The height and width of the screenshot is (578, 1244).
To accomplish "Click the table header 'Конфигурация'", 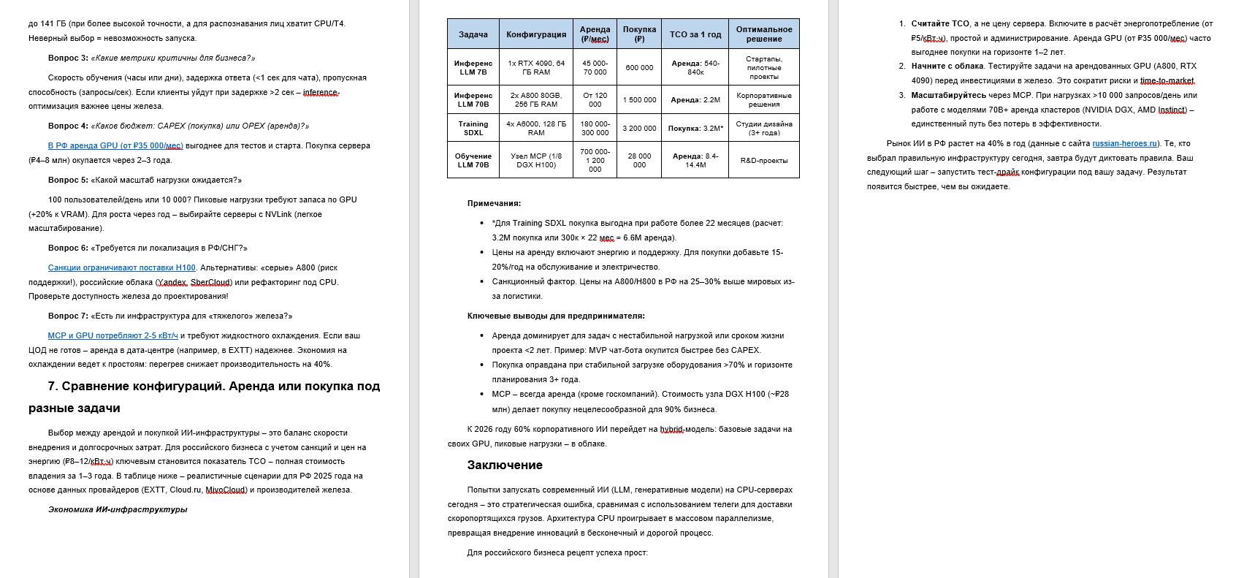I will tap(536, 34).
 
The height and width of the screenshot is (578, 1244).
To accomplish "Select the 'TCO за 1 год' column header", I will tap(695, 34).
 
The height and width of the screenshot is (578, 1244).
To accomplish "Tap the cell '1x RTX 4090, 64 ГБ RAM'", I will tap(536, 67).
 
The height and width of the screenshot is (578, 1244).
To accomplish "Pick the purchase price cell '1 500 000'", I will tap(639, 100).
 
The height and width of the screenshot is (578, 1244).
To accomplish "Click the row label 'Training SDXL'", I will tap(473, 129).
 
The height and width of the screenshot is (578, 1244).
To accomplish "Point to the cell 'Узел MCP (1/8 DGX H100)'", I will tap(536, 160).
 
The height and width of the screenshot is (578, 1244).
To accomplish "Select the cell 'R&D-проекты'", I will tap(763, 160).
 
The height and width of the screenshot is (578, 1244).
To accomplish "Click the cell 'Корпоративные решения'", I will tap(763, 100).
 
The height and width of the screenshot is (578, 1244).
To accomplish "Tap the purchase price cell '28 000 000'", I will tap(639, 160).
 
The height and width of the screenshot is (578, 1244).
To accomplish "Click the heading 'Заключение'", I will tap(505, 465).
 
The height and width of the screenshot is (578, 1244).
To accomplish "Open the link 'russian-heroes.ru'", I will tap(1124, 144).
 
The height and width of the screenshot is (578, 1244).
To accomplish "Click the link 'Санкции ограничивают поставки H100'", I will tap(122, 268).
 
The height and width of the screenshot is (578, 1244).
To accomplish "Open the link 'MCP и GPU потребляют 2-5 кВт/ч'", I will tap(112, 336).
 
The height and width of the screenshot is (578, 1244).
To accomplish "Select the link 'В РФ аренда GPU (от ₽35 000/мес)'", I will tap(115, 146).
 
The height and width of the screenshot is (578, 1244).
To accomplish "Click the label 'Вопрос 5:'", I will tap(68, 180).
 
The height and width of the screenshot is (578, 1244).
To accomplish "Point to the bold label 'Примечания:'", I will tap(494, 204).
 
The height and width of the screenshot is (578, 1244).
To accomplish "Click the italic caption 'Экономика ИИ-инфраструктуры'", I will tap(118, 510).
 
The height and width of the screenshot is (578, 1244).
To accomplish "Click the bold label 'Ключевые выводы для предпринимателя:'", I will tap(556, 316).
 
